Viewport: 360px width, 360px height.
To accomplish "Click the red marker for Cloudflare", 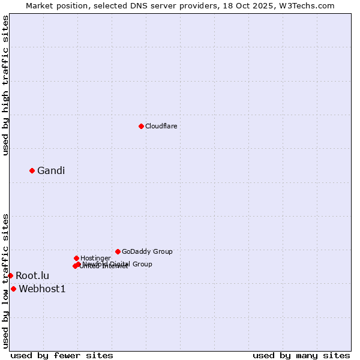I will click(x=141, y=126).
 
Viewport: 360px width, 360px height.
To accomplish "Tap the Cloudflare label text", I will click(x=161, y=126).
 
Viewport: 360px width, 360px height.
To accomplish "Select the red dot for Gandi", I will click(x=32, y=170).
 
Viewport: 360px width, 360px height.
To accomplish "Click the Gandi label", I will click(x=51, y=170).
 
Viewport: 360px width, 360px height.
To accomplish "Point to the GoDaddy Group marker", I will click(x=118, y=251).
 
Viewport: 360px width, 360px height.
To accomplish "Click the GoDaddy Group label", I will click(x=147, y=251).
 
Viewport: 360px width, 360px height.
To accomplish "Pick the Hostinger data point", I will click(x=76, y=258).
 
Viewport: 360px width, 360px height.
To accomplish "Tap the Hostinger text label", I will click(x=95, y=258).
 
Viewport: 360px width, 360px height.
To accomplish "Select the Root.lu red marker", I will click(x=10, y=275).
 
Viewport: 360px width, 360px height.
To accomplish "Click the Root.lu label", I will click(x=32, y=275).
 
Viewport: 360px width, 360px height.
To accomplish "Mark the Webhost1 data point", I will click(x=13, y=289).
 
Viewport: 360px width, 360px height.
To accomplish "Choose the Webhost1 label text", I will click(x=42, y=289).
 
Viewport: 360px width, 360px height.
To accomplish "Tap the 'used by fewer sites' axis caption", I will click(x=62, y=355).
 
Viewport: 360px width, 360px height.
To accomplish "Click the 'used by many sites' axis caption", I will click(x=301, y=355).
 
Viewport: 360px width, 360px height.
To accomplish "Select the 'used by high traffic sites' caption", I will click(x=5, y=85).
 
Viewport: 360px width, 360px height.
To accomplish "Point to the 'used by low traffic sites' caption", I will click(x=5, y=280).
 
